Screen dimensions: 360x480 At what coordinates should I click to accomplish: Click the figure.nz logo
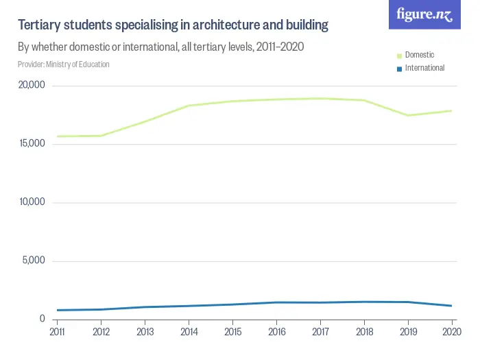coord(424,15)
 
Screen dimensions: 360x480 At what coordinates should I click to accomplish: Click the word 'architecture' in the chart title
coord(227,25)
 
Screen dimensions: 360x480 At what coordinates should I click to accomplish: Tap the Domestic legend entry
coord(419,55)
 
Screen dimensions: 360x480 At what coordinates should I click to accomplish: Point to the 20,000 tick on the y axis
coord(31,86)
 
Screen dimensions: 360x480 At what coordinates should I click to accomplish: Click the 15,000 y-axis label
coord(31,144)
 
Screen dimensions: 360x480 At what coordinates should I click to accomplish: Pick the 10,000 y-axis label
coord(31,202)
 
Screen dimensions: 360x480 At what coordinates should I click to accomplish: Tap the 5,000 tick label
coord(33,261)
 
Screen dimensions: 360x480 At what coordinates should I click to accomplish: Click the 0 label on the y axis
coord(42,319)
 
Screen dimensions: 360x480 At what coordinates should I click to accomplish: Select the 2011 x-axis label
coord(58,333)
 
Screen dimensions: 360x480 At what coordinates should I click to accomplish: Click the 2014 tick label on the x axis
coord(189,333)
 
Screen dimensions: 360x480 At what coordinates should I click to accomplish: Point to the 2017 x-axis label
coord(320,333)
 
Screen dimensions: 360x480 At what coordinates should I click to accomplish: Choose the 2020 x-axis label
coord(451,333)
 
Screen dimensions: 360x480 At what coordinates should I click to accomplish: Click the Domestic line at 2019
coord(408,115)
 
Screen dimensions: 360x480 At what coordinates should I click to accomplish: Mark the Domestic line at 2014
coord(189,106)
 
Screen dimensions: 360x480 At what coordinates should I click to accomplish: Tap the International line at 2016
coord(276,302)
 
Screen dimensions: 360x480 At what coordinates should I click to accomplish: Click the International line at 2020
coord(451,306)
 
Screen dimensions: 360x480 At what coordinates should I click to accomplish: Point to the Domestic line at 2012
coord(101,136)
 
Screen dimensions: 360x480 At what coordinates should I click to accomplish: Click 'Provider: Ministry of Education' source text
coord(64,64)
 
